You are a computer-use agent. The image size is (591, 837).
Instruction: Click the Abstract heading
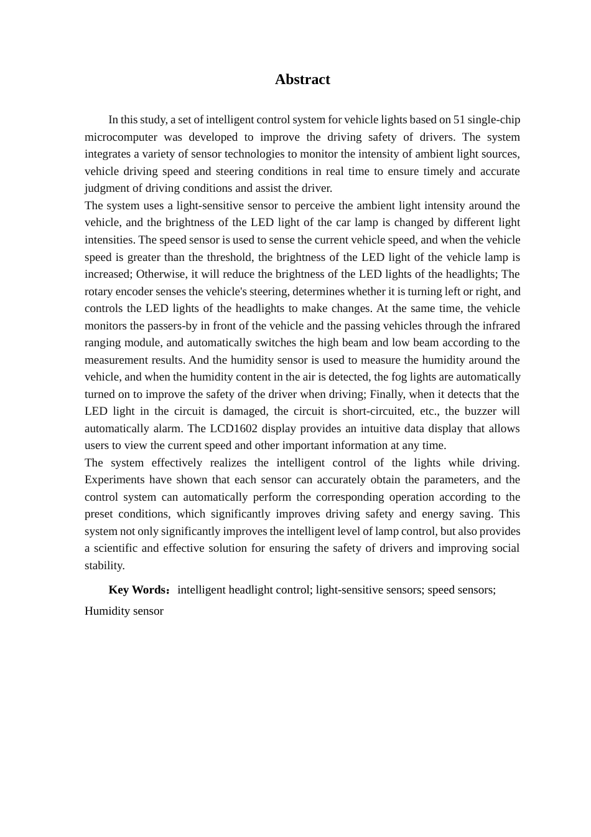[302, 80]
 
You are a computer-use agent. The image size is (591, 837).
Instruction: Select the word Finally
[387, 394]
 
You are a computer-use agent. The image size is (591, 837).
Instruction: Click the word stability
[105, 565]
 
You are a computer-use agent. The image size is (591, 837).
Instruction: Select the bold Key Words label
[137, 590]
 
